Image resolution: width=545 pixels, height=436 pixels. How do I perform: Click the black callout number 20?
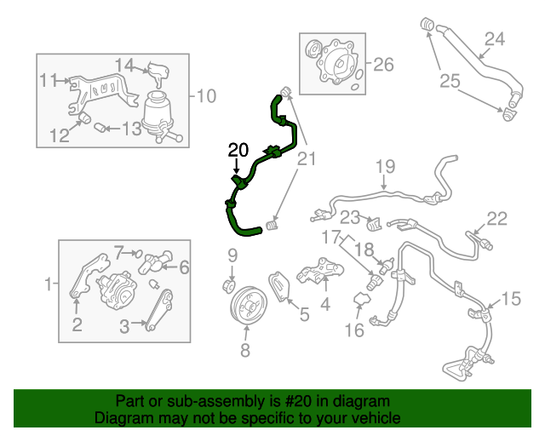pos(238,150)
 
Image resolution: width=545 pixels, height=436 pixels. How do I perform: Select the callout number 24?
pos(494,39)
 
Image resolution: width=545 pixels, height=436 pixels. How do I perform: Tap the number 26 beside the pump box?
pos(383,65)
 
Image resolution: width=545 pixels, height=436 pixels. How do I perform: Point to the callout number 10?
pos(206,96)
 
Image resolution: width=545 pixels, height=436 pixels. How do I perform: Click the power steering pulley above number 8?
pos(249,306)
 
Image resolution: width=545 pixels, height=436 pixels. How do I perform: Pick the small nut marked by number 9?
pos(229,286)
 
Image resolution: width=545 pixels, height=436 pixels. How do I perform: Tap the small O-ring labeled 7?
pos(138,254)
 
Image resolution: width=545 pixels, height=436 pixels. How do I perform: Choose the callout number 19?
pos(386,166)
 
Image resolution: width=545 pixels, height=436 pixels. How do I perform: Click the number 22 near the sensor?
pos(497,219)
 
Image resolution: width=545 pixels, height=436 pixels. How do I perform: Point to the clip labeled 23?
pos(375,224)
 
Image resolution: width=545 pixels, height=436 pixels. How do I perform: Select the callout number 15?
pos(511,299)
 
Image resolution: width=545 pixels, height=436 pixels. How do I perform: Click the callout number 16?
pos(354,330)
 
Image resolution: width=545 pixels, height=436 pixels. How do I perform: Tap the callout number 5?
pos(304,315)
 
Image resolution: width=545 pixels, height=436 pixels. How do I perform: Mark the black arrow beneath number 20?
pos(237,166)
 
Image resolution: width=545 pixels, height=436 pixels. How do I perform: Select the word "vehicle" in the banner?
pos(377,417)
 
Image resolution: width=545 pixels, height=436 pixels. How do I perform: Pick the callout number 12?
pos(60,135)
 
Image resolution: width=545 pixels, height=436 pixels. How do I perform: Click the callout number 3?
pos(124,326)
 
